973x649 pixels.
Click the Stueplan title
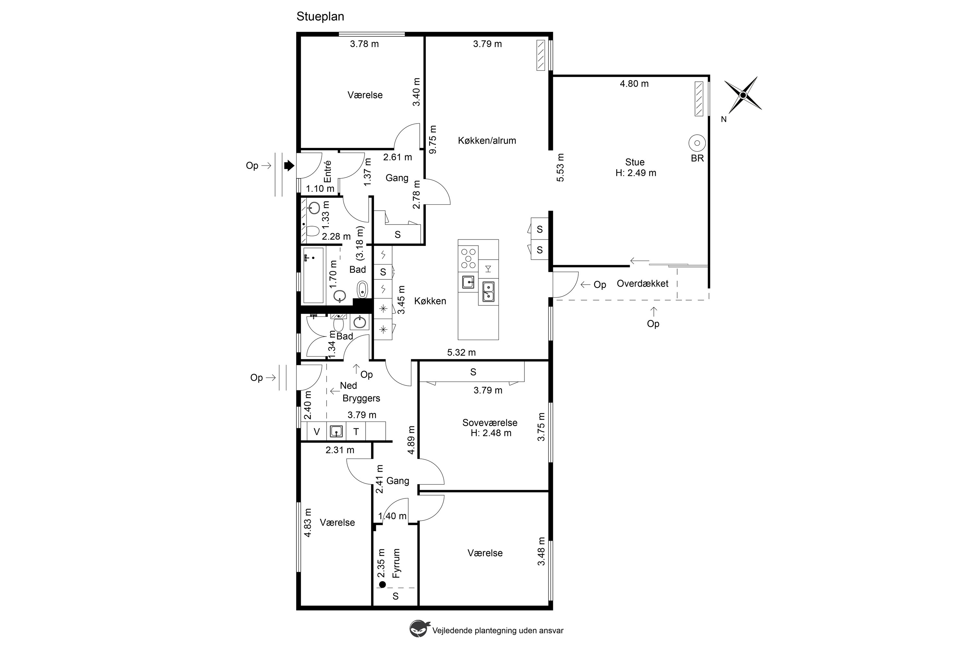click(x=320, y=17)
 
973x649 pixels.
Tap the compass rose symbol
click(x=743, y=95)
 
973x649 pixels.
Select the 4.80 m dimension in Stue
click(x=634, y=84)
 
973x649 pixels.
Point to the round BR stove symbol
click(x=697, y=143)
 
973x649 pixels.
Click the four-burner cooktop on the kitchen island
click(x=468, y=258)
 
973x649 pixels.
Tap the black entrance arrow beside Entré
click(x=289, y=165)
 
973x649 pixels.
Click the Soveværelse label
click(x=490, y=422)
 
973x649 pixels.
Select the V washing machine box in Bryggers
click(x=317, y=432)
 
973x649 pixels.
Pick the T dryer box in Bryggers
click(x=356, y=432)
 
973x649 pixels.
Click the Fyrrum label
click(x=396, y=563)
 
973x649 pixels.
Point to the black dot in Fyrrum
click(x=382, y=584)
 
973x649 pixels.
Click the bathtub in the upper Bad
click(x=313, y=275)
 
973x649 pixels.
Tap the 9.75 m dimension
click(x=433, y=140)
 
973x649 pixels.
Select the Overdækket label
click(x=643, y=284)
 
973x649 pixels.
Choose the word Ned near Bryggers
click(x=348, y=386)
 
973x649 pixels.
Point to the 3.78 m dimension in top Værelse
click(x=364, y=44)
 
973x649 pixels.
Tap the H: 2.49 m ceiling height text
click(x=636, y=173)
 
